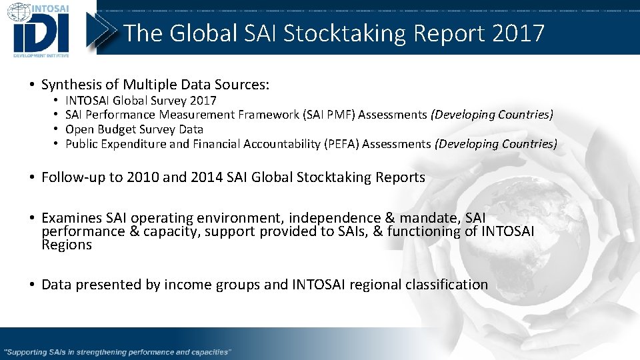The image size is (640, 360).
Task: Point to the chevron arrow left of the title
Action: [x=105, y=30]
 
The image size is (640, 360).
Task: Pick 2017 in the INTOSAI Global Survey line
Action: [x=203, y=101]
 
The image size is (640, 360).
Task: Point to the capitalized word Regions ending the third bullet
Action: [x=66, y=245]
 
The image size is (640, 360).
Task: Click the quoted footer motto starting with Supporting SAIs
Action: [x=117, y=351]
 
